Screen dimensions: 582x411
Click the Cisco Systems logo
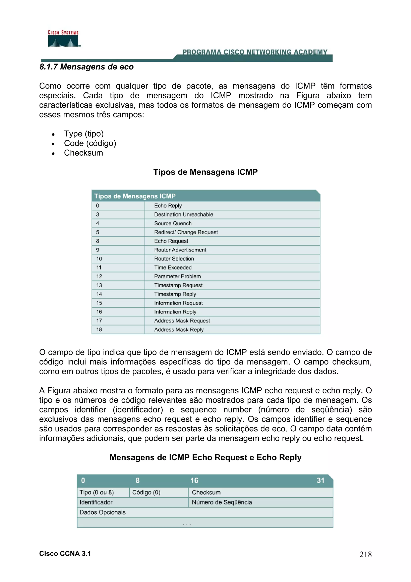pyautogui.click(x=64, y=39)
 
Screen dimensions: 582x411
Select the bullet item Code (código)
pyautogui.click(x=90, y=143)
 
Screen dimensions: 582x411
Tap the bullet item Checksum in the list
pyautogui.click(x=83, y=153)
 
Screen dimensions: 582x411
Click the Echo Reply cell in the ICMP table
pyautogui.click(x=168, y=206)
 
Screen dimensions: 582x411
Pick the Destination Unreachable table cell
pyautogui.click(x=184, y=214)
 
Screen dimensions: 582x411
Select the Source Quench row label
pyautogui.click(x=173, y=223)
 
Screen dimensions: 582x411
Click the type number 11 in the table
pyautogui.click(x=99, y=268)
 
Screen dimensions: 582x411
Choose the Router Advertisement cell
pyautogui.click(x=180, y=250)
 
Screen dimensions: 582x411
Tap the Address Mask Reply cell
pyautogui.click(x=179, y=330)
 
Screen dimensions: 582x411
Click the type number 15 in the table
pyautogui.click(x=99, y=303)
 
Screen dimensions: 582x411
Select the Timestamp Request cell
pyautogui.click(x=178, y=285)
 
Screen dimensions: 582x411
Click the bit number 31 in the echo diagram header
pyautogui.click(x=320, y=480)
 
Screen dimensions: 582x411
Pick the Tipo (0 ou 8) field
pyautogui.click(x=97, y=492)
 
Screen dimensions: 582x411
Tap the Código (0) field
pyautogui.click(x=146, y=492)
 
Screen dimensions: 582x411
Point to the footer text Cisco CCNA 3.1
pyautogui.click(x=65, y=554)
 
